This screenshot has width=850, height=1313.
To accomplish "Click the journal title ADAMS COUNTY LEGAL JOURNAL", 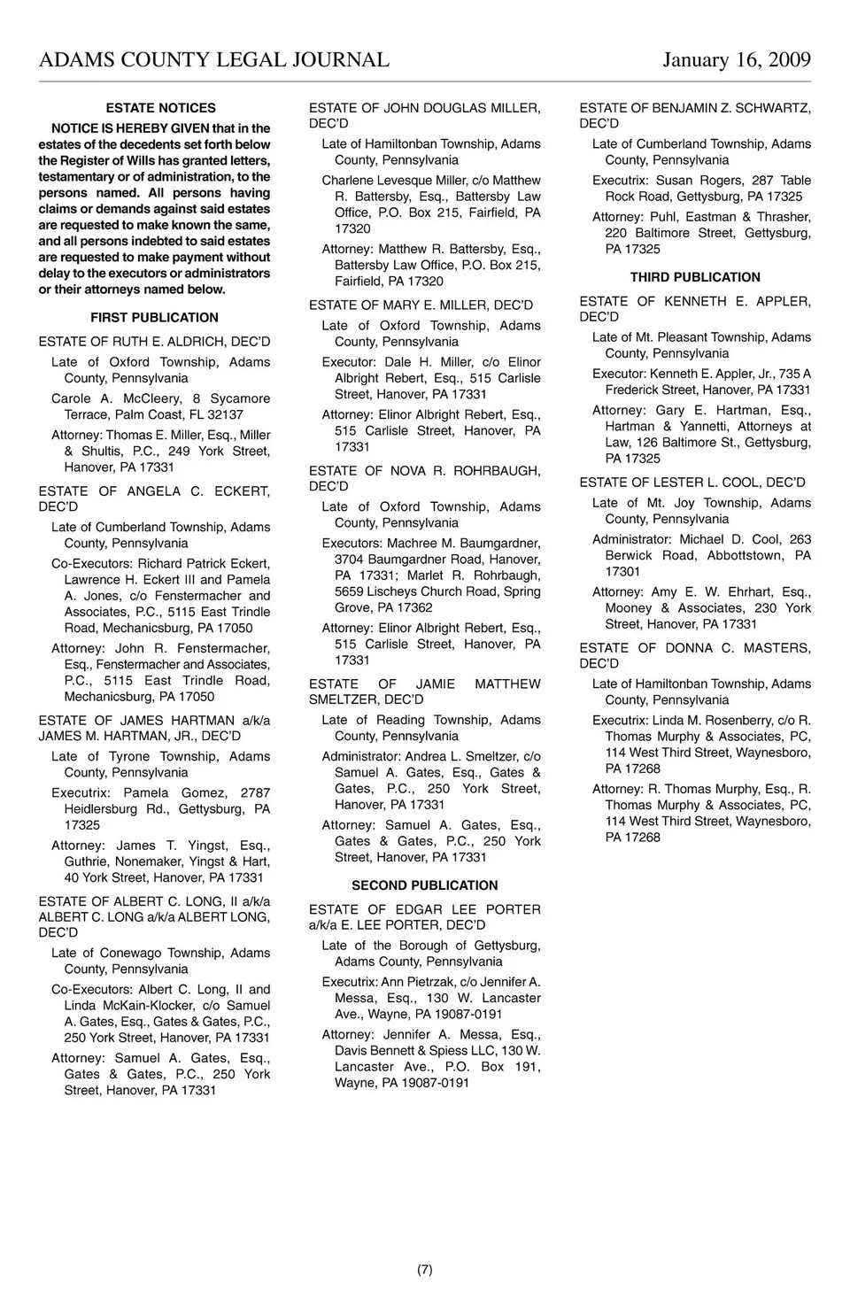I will coord(213,60).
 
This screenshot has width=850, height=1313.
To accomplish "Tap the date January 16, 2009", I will coord(736,60).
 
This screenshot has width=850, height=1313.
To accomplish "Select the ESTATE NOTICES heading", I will coord(160,108).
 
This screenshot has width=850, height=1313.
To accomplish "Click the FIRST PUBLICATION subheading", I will coord(154,318).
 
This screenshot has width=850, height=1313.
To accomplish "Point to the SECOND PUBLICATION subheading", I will coord(424,885).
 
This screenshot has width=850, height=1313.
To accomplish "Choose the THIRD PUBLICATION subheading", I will coord(695,277).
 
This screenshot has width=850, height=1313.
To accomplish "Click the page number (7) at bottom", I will coord(425,1270).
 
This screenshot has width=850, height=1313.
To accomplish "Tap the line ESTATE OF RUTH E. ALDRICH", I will coord(154,342).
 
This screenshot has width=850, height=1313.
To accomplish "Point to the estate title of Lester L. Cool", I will coord(692,483).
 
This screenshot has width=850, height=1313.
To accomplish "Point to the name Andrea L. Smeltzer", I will coord(458,757).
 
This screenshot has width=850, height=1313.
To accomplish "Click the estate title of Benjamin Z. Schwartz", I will coord(695,108).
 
